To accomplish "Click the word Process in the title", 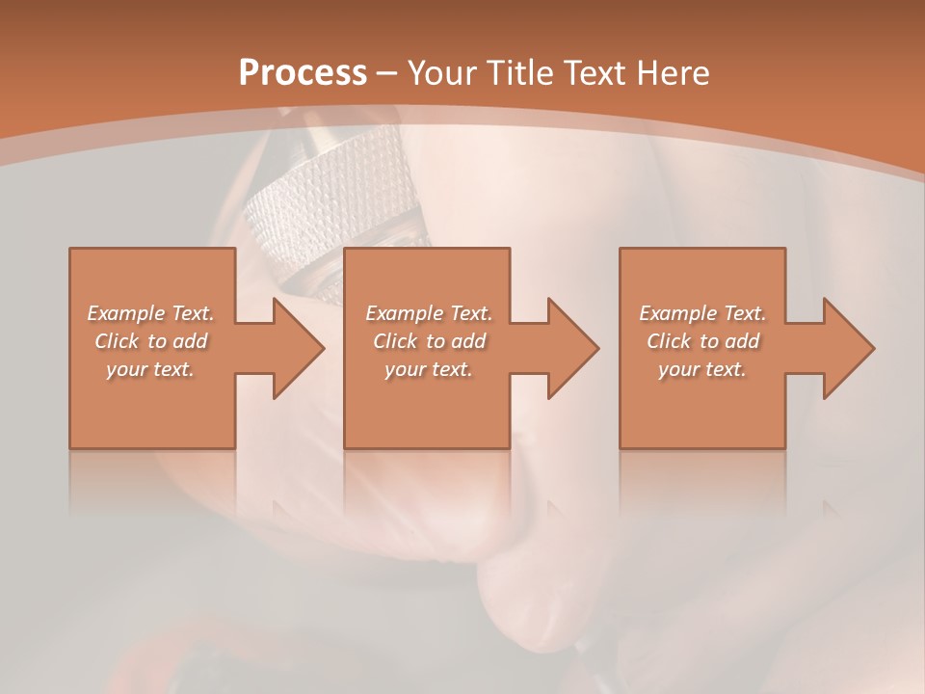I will click(303, 73).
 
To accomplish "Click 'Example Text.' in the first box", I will click(151, 313).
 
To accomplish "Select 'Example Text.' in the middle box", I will click(429, 313).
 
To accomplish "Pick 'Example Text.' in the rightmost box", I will click(702, 313).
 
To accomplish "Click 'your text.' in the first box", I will click(151, 369).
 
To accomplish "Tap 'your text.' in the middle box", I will click(429, 369).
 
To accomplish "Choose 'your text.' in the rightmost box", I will click(702, 369).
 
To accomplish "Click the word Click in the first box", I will click(117, 341).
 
